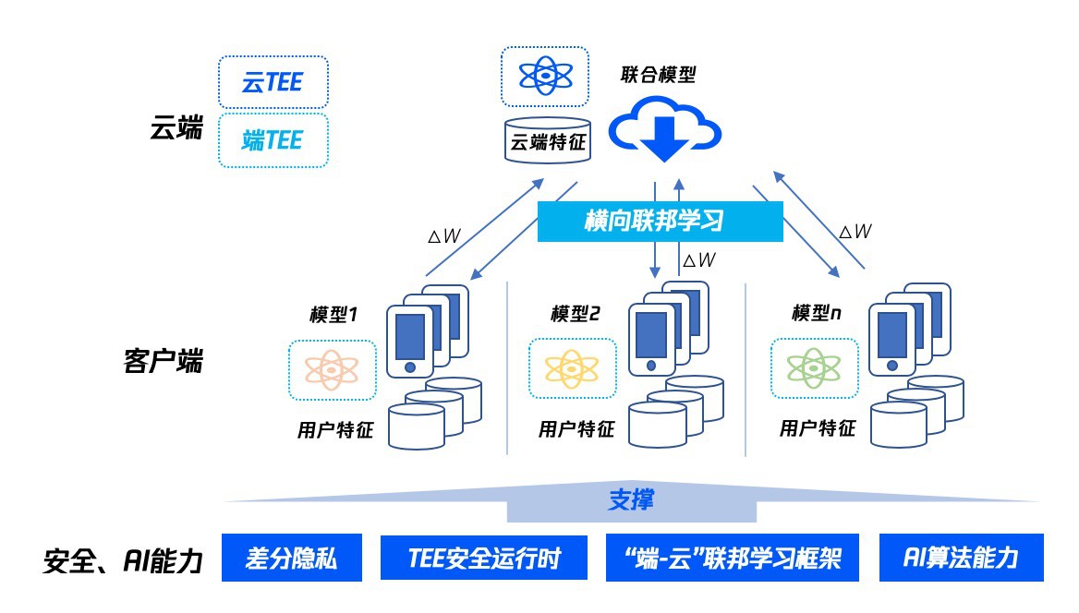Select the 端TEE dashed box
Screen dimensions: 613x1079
click(273, 140)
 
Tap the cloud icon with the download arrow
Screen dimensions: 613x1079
click(664, 132)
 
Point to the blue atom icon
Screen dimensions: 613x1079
click(545, 76)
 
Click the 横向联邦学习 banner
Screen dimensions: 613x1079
click(660, 222)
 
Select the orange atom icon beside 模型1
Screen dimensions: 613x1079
click(333, 370)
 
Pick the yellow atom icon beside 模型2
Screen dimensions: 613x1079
click(572, 369)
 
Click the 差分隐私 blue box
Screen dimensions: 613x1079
click(291, 558)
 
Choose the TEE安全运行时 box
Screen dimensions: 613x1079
click(484, 558)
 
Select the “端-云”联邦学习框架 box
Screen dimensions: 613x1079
click(733, 558)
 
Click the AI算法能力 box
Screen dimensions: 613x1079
click(961, 558)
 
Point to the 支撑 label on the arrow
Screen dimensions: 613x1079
click(631, 499)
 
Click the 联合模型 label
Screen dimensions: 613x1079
click(658, 75)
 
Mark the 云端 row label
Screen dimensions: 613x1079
click(176, 129)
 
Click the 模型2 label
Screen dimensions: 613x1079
click(575, 314)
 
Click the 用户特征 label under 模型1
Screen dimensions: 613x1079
click(334, 429)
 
